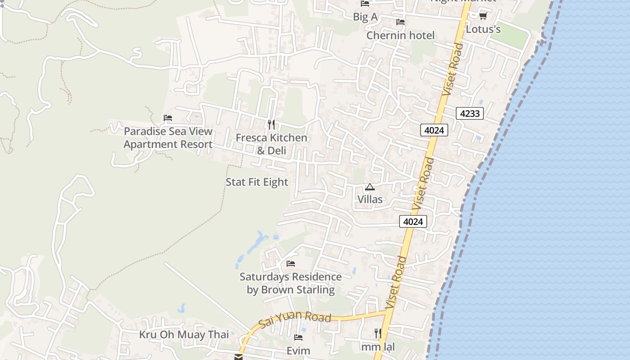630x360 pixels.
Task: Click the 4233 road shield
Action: [470, 113]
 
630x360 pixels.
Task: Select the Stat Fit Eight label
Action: [256, 182]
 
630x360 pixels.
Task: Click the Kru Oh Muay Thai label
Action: [184, 335]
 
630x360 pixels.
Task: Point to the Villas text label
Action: [370, 199]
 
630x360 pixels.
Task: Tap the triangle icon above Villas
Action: [370, 187]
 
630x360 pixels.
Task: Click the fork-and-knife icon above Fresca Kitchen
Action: [271, 124]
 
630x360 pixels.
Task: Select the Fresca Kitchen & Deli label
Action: [271, 144]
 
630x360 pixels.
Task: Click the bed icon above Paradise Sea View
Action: [168, 118]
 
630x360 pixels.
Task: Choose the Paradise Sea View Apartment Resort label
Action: [168, 138]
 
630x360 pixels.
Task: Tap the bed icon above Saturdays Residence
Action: [291, 264]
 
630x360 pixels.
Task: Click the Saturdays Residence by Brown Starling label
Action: [291, 283]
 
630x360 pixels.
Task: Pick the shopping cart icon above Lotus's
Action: [483, 16]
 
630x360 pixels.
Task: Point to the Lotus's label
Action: [483, 29]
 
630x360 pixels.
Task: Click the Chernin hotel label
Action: [400, 35]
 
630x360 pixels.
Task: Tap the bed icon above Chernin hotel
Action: [400, 22]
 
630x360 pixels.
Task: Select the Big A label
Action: [365, 17]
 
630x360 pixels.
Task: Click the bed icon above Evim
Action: [298, 337]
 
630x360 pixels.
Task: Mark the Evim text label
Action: [298, 351]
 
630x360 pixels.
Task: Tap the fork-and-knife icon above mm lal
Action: [378, 333]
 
